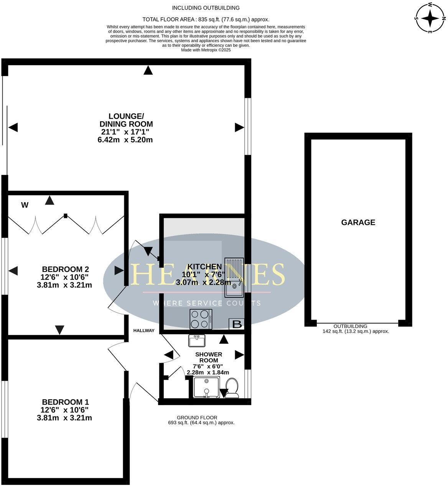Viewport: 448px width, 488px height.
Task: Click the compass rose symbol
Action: tap(431, 18)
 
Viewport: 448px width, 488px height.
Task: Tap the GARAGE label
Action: tap(358, 223)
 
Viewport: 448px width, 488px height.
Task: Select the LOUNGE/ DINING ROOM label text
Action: tap(126, 120)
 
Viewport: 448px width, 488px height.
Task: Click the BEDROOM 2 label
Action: tap(66, 269)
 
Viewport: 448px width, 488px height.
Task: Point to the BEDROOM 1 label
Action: tap(66, 402)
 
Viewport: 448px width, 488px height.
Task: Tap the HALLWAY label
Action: tap(144, 331)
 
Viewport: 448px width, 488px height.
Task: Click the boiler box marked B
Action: tap(237, 324)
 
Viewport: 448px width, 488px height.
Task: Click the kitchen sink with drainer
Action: tap(234, 277)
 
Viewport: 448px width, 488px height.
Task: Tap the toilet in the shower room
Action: tap(232, 388)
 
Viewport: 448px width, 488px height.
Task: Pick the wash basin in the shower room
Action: tap(197, 340)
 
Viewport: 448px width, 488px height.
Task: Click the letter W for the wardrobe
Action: tap(25, 205)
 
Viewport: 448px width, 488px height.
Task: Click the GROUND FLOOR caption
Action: tap(197, 417)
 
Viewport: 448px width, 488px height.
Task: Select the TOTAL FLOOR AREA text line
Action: tap(206, 19)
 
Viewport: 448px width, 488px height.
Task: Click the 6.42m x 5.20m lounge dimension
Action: tap(125, 140)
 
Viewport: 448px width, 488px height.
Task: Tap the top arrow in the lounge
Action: tap(148, 70)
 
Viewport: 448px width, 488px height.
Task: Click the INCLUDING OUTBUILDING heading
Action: tap(206, 8)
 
